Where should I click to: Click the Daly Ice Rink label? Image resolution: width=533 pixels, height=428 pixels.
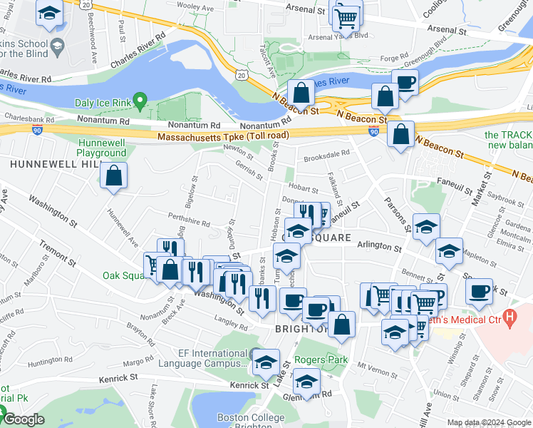pos(103,103)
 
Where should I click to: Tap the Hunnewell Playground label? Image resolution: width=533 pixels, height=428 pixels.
pos(101,148)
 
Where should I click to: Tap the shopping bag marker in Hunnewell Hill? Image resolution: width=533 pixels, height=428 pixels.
pos(113,175)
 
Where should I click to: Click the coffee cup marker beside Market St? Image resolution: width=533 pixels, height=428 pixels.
pos(480,290)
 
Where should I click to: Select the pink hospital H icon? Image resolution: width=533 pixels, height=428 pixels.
pos(509,315)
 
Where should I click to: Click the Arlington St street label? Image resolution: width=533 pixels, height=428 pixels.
pos(379,245)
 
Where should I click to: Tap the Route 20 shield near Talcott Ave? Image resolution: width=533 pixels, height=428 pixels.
pos(242,75)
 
